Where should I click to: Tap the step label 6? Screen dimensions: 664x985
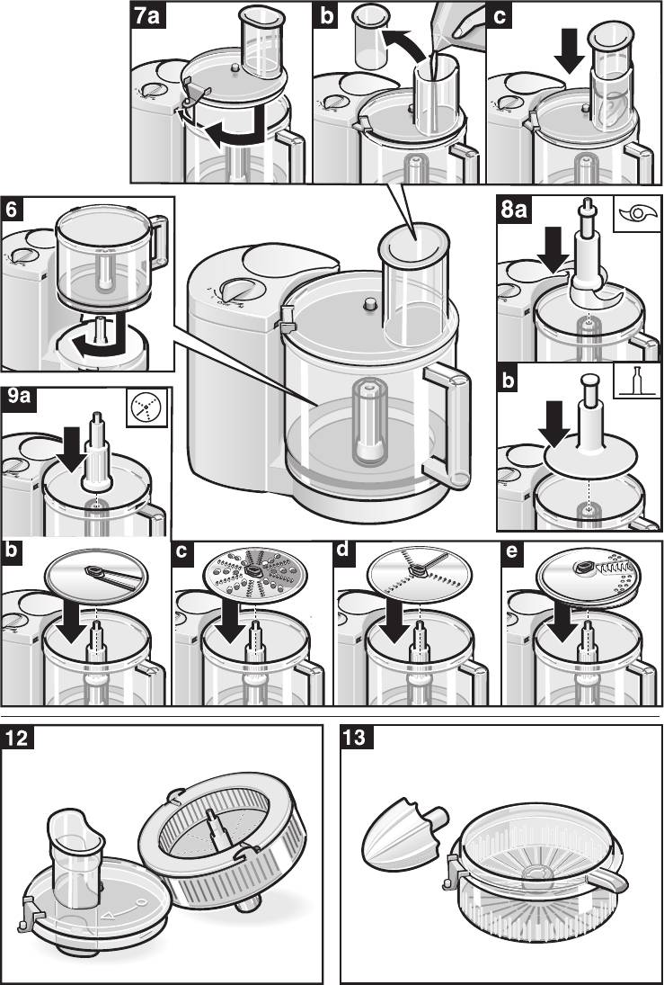tap(12, 210)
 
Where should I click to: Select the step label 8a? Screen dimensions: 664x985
tap(513, 210)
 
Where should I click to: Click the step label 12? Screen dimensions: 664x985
tap(18, 739)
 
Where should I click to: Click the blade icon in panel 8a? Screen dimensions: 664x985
tap(637, 213)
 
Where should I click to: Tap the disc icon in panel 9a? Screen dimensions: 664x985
tap(146, 407)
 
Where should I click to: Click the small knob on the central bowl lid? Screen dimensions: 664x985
tap(369, 304)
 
